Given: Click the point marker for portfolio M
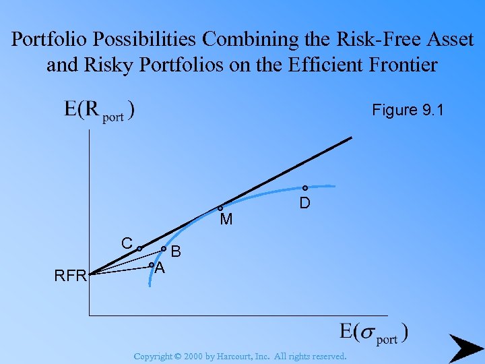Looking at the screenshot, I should (x=220, y=209).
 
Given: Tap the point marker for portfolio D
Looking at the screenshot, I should (x=304, y=188).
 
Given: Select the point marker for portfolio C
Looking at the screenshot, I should (x=139, y=249).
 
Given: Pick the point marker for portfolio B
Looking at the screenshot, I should (x=164, y=249).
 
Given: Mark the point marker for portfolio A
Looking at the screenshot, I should (x=151, y=265).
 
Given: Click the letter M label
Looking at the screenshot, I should (x=226, y=220).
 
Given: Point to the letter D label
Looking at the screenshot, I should (x=304, y=202).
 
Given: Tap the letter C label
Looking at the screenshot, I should (x=127, y=243).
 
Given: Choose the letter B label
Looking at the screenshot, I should (x=176, y=252).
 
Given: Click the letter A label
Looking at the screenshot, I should (x=160, y=268).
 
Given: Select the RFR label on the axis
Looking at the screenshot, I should (x=71, y=276).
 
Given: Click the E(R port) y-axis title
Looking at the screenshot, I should (x=99, y=111).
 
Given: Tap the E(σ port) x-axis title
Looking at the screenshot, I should (x=374, y=333).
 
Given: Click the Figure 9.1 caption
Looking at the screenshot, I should (x=408, y=110).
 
